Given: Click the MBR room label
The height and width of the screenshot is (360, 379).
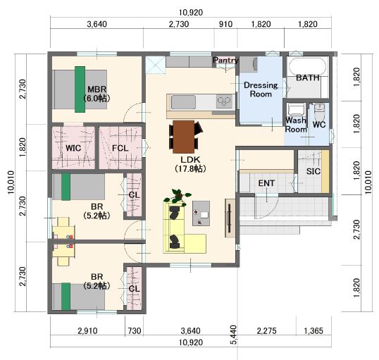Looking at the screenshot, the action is (x=97, y=89).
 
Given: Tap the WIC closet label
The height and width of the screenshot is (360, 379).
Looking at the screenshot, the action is (x=73, y=148).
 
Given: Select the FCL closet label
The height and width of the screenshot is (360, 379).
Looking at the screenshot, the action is (x=120, y=148).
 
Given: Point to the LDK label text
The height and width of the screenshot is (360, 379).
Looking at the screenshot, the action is (x=190, y=160).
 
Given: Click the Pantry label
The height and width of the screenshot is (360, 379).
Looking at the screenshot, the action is (x=225, y=60).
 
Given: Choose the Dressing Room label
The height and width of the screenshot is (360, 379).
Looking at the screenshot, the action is (x=261, y=89).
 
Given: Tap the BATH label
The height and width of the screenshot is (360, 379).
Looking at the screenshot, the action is (x=307, y=77).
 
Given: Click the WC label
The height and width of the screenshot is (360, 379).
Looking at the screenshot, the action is (x=319, y=125).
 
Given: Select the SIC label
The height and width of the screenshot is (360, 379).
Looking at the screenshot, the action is (x=313, y=171).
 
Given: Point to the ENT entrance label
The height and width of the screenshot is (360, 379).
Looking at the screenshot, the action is (x=266, y=183).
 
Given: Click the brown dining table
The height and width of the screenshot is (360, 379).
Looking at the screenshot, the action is (x=184, y=137).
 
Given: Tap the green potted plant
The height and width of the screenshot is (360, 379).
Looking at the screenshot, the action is (x=178, y=196).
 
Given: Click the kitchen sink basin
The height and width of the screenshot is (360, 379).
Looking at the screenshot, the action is (x=183, y=102).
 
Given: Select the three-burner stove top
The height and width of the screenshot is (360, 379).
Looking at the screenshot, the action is (x=225, y=101).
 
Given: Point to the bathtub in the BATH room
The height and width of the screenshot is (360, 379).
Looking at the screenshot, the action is (x=307, y=66).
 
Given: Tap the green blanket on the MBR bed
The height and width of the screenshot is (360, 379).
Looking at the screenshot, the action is (x=80, y=89).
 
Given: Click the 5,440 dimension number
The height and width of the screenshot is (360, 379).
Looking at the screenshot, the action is (x=234, y=335).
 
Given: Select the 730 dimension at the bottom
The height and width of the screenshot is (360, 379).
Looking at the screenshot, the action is (x=135, y=330).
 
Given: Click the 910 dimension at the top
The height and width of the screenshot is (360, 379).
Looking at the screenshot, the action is (x=225, y=24).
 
